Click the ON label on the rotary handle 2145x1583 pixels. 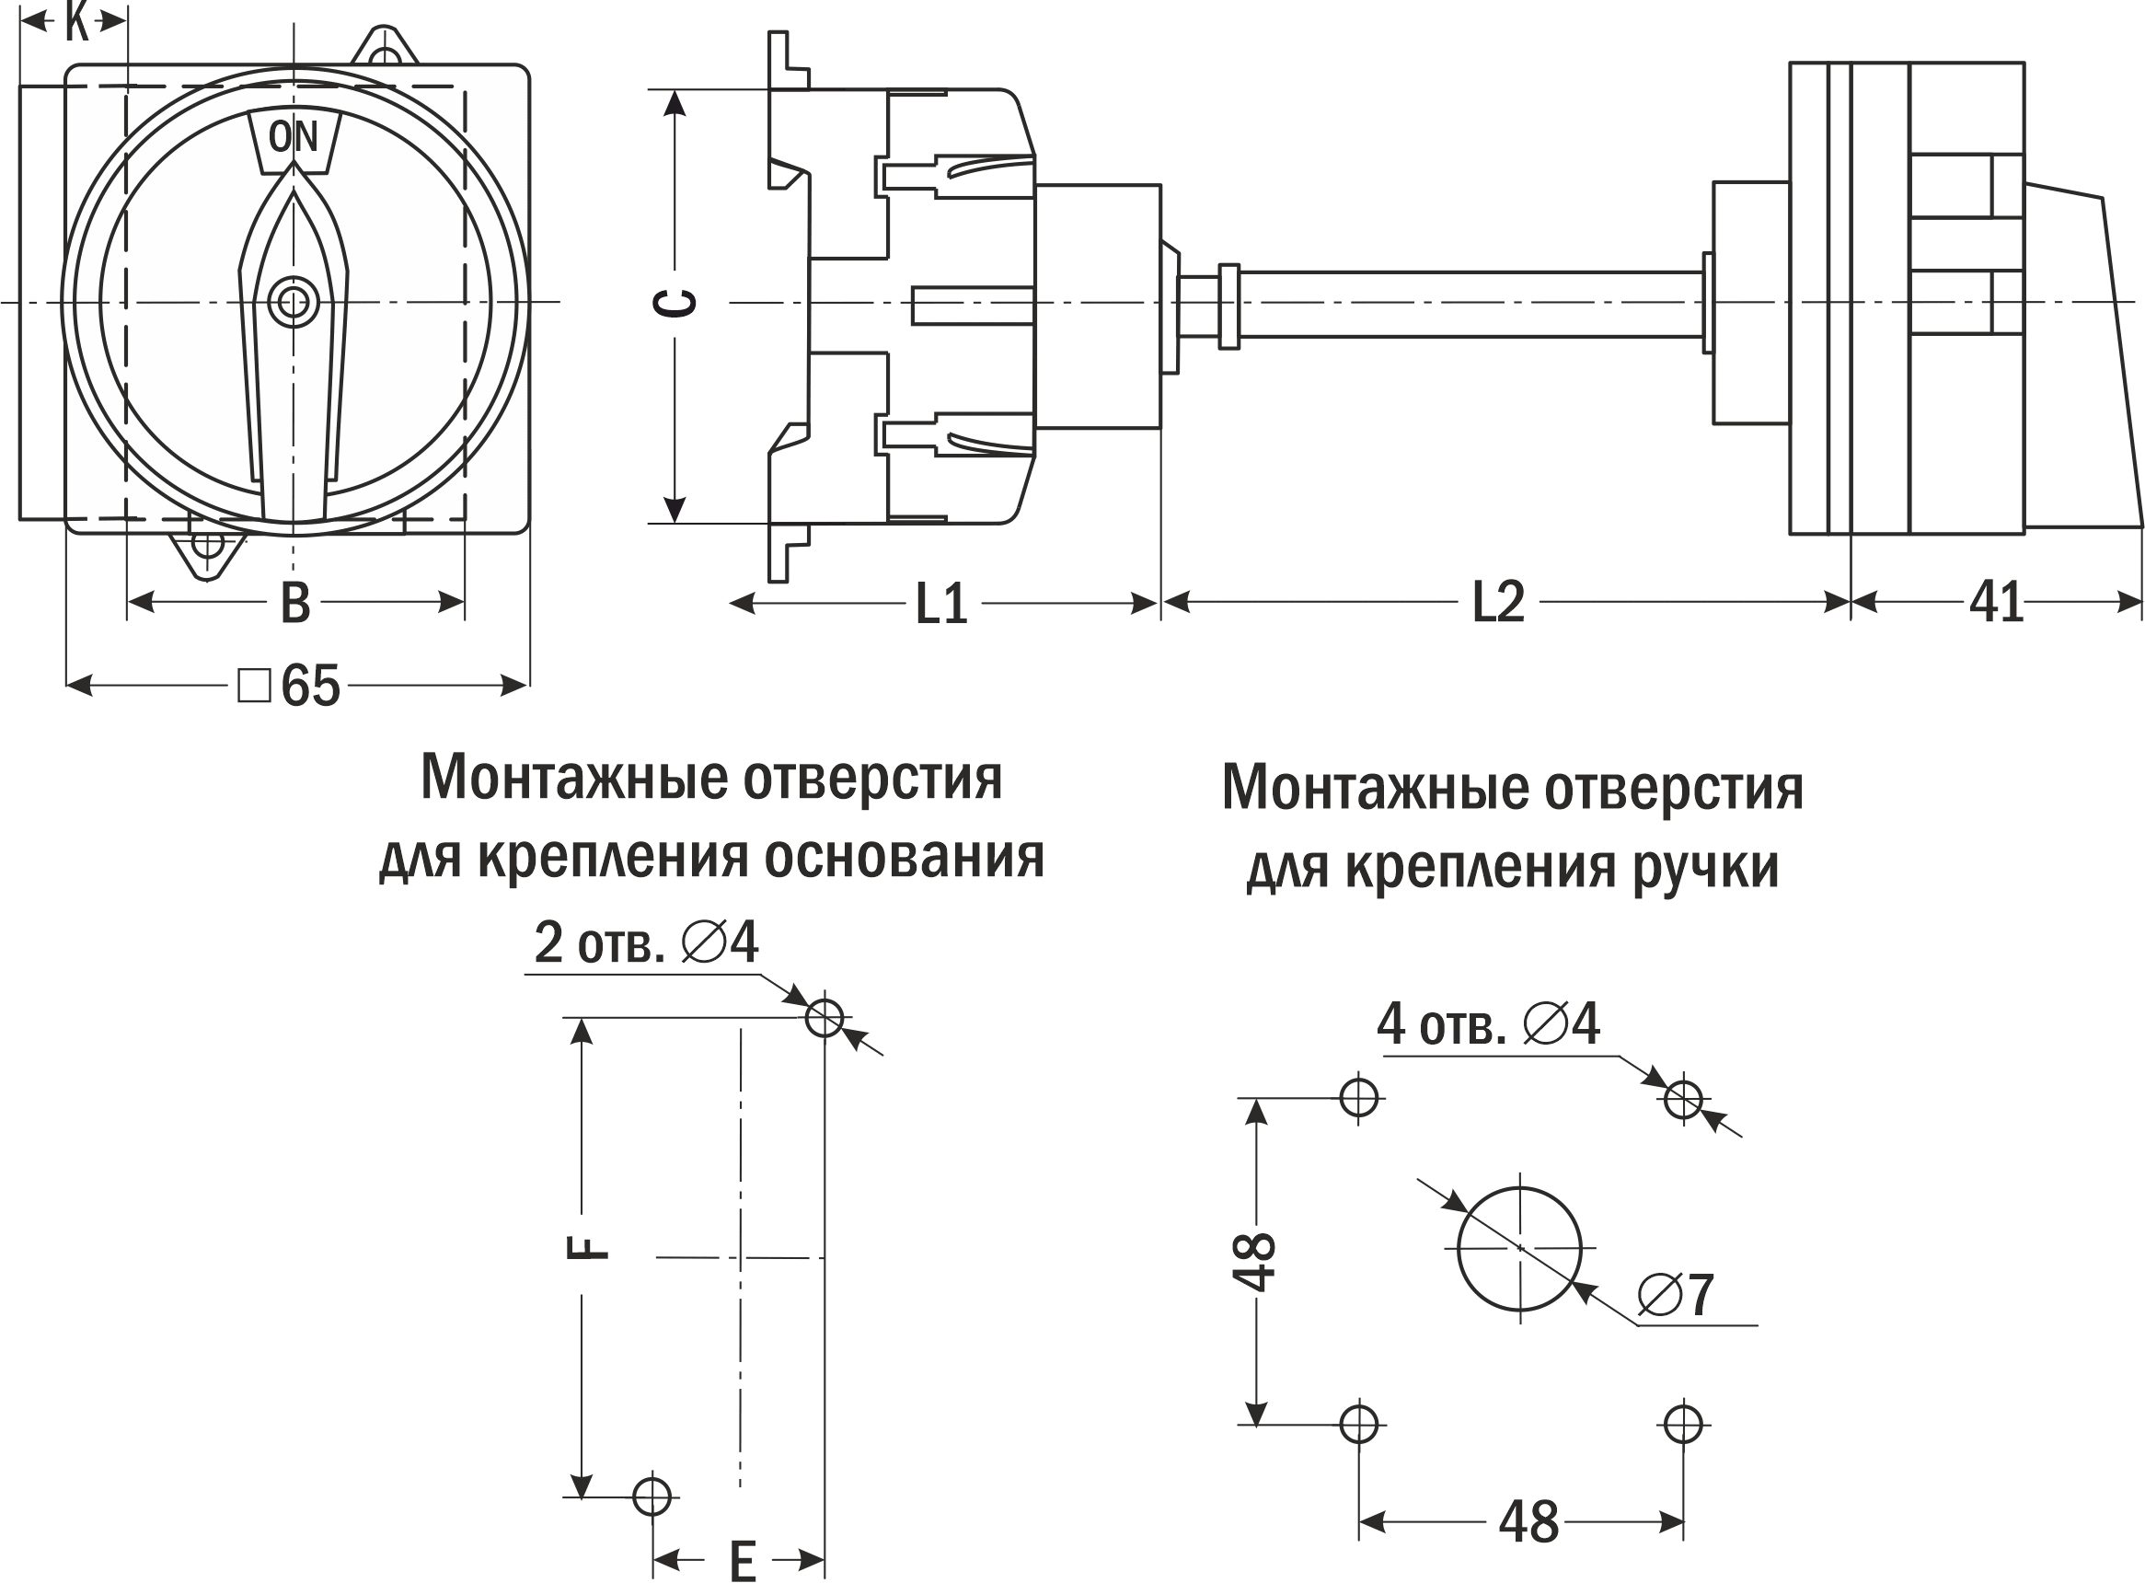click(294, 137)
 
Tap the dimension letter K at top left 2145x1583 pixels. click(76, 22)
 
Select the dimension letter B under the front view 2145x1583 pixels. click(295, 604)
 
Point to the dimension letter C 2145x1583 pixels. click(675, 303)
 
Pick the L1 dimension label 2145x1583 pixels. click(940, 604)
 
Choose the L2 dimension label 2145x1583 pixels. click(1497, 603)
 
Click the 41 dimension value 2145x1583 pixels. click(1997, 603)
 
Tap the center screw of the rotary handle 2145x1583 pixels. click(294, 303)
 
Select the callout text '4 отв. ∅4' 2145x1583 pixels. click(1488, 1024)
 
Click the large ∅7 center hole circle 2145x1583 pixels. click(1519, 1249)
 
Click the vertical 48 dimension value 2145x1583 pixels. click(1255, 1261)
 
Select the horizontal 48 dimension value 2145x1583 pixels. click(1528, 1521)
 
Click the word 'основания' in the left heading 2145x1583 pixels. click(905, 857)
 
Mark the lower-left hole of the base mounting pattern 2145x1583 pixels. click(652, 1496)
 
